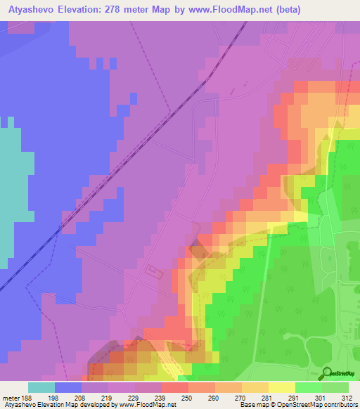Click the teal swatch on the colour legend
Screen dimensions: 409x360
click(x=41, y=387)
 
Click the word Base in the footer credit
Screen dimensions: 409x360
click(x=247, y=405)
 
